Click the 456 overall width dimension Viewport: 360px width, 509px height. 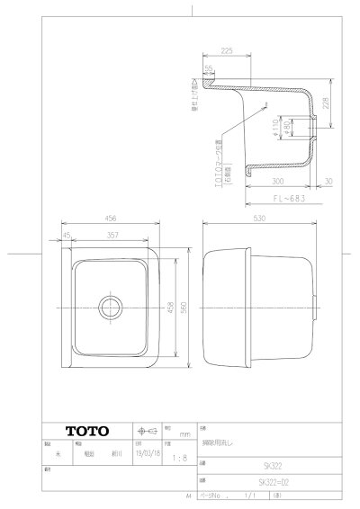(111, 219)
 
